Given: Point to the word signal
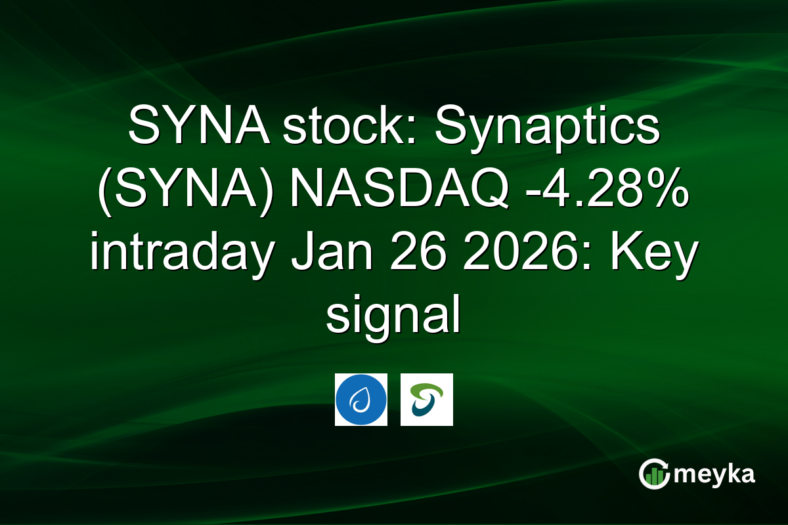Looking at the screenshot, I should point(393,318).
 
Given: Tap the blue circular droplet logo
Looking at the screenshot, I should point(361,400).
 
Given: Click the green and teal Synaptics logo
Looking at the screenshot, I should point(427,400).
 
